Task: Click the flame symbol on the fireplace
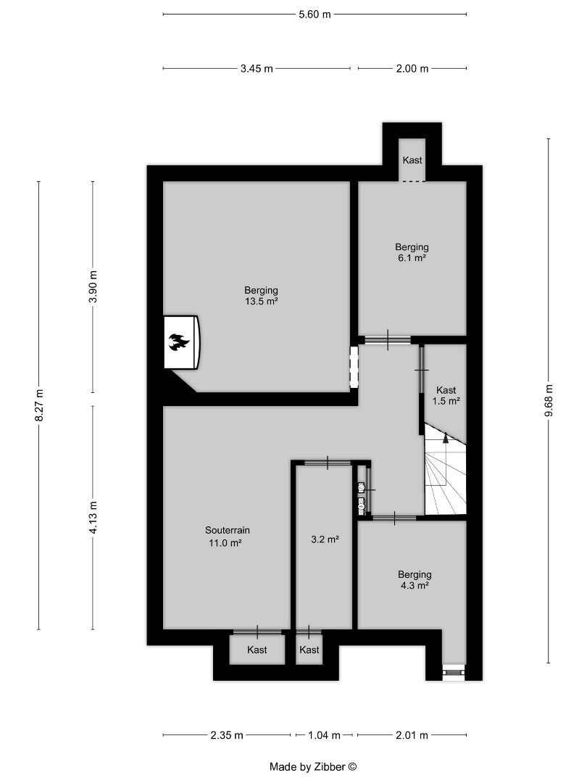click(178, 342)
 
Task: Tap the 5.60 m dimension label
click(315, 14)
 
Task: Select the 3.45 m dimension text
click(257, 69)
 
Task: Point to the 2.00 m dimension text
click(412, 69)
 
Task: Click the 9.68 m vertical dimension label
click(549, 400)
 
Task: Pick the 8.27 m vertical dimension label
click(39, 405)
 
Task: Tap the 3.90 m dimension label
click(93, 286)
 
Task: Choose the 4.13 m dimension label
click(93, 517)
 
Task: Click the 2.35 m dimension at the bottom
click(227, 735)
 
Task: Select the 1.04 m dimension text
click(324, 735)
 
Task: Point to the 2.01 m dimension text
click(412, 735)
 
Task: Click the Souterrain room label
click(227, 530)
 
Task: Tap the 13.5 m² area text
click(261, 301)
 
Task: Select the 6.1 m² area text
click(412, 257)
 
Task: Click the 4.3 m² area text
click(415, 585)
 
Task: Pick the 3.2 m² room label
click(325, 539)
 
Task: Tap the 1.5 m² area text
click(446, 400)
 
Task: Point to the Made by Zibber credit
click(314, 766)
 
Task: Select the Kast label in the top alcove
click(412, 159)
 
